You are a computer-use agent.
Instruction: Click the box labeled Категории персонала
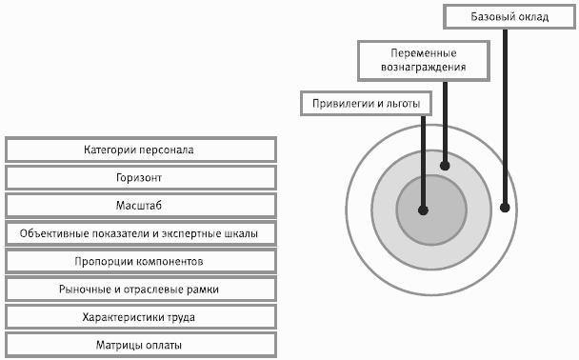coord(141,150)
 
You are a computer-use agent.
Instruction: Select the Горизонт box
coord(141,177)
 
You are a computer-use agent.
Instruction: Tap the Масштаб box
coord(141,206)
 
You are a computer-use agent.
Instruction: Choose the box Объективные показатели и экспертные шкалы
coord(141,233)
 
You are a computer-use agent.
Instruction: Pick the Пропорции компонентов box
coord(141,261)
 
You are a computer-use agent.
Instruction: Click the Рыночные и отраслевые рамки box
coord(141,290)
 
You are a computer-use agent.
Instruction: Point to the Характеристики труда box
coord(141,317)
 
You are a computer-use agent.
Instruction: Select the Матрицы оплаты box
coord(141,345)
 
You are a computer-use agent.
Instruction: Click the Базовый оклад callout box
coord(509,16)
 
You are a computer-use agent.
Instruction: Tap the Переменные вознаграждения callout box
coord(424,61)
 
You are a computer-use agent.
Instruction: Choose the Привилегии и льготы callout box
coord(366,104)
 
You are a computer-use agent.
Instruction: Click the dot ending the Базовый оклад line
coord(505,208)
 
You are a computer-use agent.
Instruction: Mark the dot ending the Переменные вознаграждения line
coord(445,166)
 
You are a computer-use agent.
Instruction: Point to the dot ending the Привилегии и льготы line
coord(423,210)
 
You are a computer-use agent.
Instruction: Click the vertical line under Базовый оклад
coord(505,116)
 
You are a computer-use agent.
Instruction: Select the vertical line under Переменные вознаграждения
coord(445,122)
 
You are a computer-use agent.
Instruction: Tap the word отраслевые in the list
coord(153,290)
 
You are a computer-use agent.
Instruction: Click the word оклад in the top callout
coord(532,17)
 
